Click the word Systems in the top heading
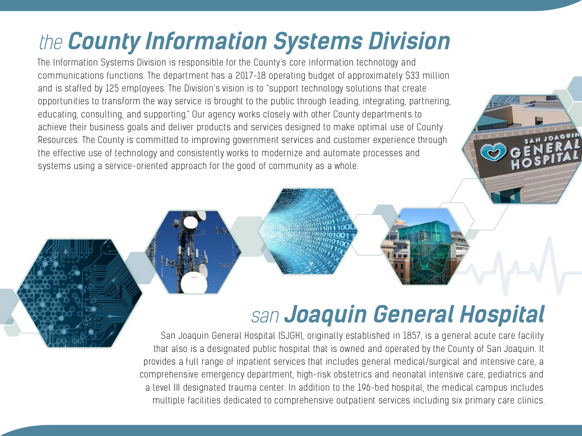click(x=318, y=41)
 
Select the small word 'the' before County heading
click(x=51, y=42)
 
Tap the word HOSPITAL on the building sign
click(x=545, y=160)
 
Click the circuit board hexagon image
click(x=79, y=293)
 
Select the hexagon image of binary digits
click(x=308, y=231)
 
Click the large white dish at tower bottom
click(x=194, y=283)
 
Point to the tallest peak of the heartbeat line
click(x=549, y=238)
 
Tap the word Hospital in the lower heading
click(x=502, y=314)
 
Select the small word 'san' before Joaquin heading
click(x=265, y=316)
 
